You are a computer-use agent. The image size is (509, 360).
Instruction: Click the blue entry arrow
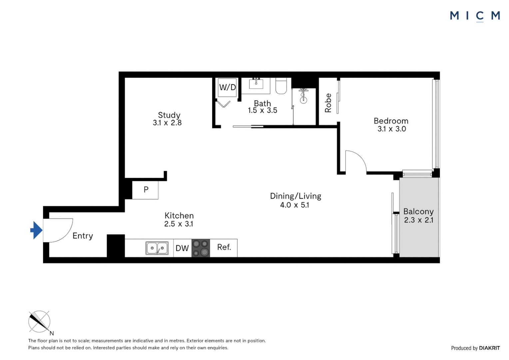(36, 230)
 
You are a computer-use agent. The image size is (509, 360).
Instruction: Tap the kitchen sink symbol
(157, 248)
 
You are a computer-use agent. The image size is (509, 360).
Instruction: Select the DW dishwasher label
(182, 248)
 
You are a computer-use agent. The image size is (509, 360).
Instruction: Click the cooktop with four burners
(201, 248)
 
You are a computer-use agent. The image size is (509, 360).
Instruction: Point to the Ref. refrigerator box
(224, 248)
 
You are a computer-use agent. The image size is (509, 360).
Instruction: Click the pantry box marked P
(146, 190)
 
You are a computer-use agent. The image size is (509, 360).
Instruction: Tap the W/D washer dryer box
(227, 87)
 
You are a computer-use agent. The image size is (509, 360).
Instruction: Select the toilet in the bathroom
(281, 86)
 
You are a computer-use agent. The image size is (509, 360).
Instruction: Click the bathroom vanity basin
(256, 83)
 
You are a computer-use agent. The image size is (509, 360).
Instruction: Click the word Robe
(328, 103)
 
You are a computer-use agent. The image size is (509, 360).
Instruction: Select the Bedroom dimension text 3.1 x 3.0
(391, 129)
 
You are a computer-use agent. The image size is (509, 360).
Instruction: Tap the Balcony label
(418, 212)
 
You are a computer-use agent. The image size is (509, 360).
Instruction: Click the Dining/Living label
(295, 196)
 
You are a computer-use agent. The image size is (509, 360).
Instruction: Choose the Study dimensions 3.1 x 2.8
(167, 123)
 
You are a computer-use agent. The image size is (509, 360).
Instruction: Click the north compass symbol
(39, 322)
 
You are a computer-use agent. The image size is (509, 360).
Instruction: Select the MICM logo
(475, 16)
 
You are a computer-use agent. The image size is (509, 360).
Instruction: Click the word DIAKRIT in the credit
(489, 348)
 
